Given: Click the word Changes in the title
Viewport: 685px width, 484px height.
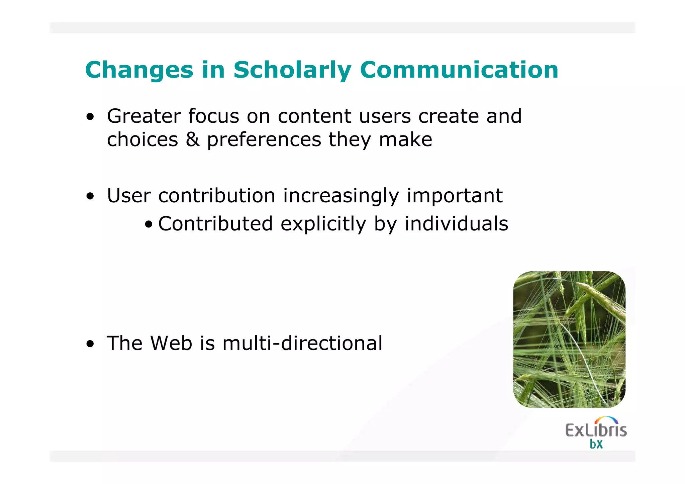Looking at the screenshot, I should pos(139,70).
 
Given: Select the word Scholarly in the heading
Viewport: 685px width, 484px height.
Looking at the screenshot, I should pos(292,70).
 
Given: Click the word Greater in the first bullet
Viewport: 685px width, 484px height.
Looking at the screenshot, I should pos(144,116).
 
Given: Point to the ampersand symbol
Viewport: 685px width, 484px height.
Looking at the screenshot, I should pos(193,139).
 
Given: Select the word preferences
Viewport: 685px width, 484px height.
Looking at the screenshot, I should pos(264,140).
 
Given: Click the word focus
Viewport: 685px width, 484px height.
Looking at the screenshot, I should pos(213,116).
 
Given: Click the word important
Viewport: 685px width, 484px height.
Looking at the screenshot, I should pos(454,196).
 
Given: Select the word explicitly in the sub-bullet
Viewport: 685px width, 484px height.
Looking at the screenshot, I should pos(323,224).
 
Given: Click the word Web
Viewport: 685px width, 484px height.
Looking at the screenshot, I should pos(171,343).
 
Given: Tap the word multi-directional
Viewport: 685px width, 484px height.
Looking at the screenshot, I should pos(302,343).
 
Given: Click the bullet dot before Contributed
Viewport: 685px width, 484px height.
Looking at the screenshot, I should pos(149,224).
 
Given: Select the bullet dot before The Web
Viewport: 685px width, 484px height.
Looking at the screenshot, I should pos(90,344).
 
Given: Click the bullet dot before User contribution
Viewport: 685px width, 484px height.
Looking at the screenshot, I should pos(90,196).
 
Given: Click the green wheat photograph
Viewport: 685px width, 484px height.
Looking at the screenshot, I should pos(569,339).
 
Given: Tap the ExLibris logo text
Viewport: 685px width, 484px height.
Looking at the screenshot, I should pos(596,430).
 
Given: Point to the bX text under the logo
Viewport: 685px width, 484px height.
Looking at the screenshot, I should pos(596,444).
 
